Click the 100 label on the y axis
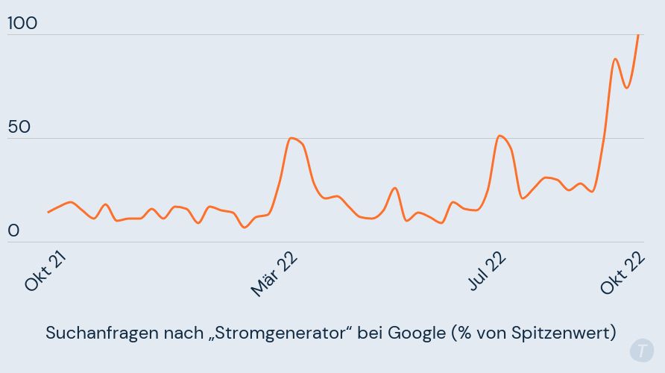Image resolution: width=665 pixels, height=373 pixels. click(x=22, y=23)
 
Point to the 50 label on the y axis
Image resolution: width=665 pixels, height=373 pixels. click(x=19, y=127)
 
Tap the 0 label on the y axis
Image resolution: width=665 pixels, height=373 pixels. click(x=13, y=231)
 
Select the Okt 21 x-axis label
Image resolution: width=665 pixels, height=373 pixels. click(x=45, y=270)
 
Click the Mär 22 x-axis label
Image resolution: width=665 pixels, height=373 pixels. click(x=274, y=273)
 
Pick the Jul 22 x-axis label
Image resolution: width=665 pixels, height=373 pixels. click(x=487, y=270)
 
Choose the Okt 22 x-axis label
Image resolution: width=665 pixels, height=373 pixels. click(x=622, y=270)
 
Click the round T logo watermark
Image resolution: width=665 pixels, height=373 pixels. click(x=641, y=351)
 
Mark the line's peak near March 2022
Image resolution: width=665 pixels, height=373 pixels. click(x=291, y=138)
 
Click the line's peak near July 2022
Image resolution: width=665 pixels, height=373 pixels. click(x=499, y=136)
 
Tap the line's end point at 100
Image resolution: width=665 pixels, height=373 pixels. click(x=638, y=35)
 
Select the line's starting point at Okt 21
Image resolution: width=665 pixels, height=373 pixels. click(x=48, y=212)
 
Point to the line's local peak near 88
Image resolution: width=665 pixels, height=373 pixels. click(x=615, y=59)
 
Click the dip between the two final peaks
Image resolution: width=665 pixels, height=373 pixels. click(x=627, y=87)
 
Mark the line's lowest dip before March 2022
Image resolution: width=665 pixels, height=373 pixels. click(x=245, y=227)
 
